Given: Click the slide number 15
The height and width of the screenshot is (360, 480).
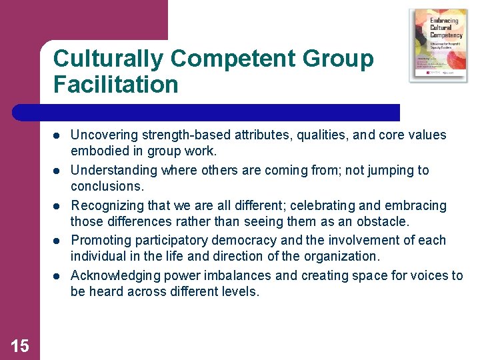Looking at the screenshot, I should pyautogui.click(x=20, y=345).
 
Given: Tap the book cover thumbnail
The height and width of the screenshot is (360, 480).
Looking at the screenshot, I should pyautogui.click(x=438, y=45).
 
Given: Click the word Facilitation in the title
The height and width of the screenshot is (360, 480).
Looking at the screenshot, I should pyautogui.click(x=116, y=85).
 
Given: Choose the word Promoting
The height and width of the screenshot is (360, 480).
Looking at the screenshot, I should pyautogui.click(x=99, y=240).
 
